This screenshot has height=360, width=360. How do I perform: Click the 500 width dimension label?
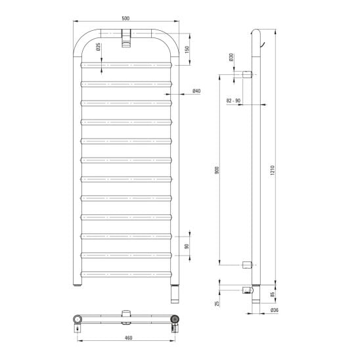pos(125,18)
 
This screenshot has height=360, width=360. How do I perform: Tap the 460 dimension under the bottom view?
pos(129,338)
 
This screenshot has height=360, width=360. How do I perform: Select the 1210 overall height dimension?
pos(273,170)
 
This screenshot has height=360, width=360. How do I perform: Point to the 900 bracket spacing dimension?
pos(217,170)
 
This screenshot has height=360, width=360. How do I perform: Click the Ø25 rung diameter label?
pos(98,47)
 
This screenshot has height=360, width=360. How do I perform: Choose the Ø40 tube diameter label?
pos(196,91)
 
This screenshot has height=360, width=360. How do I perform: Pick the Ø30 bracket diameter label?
pos(231,57)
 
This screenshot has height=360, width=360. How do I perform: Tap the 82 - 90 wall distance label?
pos(233,101)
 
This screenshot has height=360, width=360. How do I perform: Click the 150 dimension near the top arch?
pos(187,49)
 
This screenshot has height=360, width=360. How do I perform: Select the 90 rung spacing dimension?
pos(187,246)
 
